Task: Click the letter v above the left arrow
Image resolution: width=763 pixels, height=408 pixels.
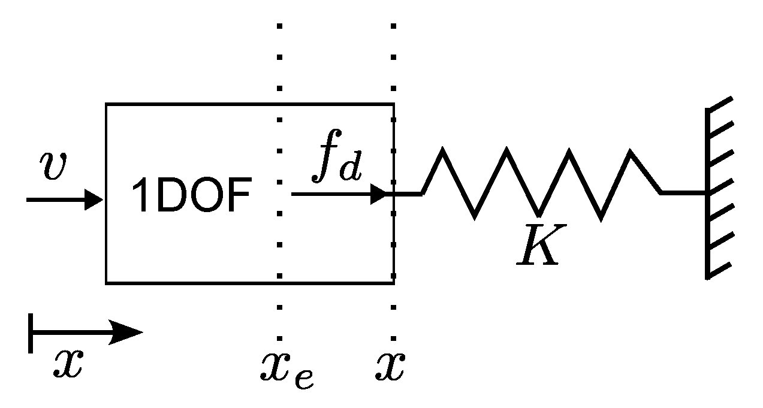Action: click(x=53, y=167)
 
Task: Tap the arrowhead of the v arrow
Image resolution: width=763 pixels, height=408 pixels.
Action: click(x=96, y=199)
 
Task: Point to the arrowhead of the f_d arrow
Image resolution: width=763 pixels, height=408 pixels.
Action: click(x=381, y=194)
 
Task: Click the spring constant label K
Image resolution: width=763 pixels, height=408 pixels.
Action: click(x=538, y=246)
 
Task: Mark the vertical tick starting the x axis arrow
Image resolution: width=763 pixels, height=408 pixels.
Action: click(x=30, y=333)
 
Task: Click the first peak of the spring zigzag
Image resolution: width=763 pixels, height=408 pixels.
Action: click(x=442, y=150)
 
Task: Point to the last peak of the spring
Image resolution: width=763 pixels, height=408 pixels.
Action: click(x=630, y=152)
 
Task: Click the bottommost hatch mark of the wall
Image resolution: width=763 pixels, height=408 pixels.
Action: click(x=720, y=271)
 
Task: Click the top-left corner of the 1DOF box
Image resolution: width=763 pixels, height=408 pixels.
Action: click(x=107, y=104)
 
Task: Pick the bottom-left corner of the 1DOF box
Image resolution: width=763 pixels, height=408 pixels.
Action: click(x=107, y=282)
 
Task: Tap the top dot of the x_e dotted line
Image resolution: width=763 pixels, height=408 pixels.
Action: click(x=279, y=26)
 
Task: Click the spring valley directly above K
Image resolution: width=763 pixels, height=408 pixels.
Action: click(x=538, y=214)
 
